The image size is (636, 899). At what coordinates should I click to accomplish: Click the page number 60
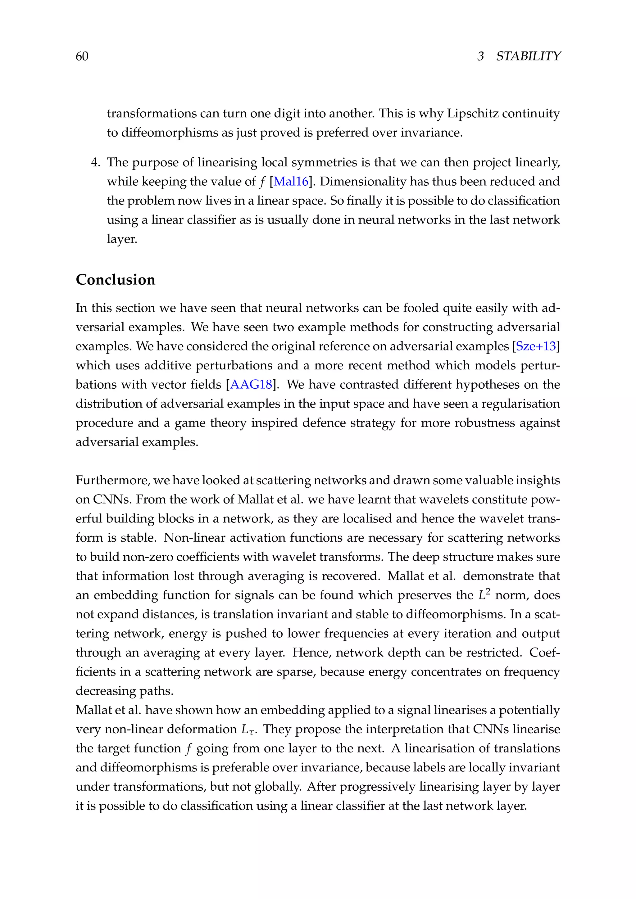click(x=82, y=56)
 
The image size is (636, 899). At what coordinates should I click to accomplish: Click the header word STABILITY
click(x=528, y=56)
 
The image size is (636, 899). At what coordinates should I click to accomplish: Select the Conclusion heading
click(x=115, y=280)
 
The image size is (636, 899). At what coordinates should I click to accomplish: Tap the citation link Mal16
click(x=291, y=181)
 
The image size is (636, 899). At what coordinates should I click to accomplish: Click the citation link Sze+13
click(x=536, y=346)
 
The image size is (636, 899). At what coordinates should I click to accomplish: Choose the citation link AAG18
click(x=251, y=385)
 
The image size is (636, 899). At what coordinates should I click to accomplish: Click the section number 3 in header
click(x=480, y=56)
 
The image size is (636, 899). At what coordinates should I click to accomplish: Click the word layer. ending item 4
click(x=122, y=239)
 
